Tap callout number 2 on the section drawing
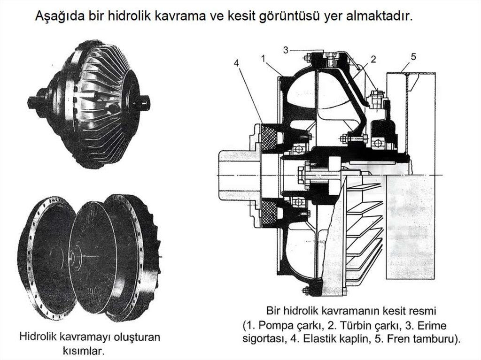373,59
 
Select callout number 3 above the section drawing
287,50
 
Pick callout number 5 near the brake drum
413,57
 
